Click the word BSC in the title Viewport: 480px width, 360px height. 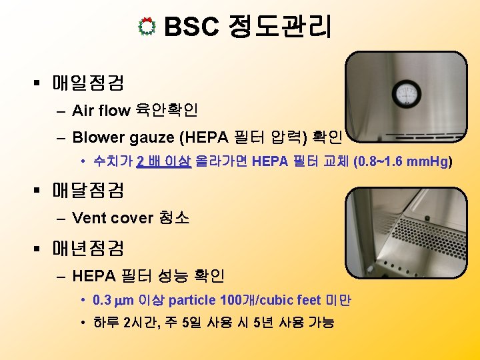tap(191, 27)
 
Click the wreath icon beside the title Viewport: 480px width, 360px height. tap(148, 27)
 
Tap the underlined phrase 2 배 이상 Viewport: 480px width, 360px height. tap(163, 162)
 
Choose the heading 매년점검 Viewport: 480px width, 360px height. tap(87, 248)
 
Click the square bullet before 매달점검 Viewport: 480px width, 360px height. tap(38, 191)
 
